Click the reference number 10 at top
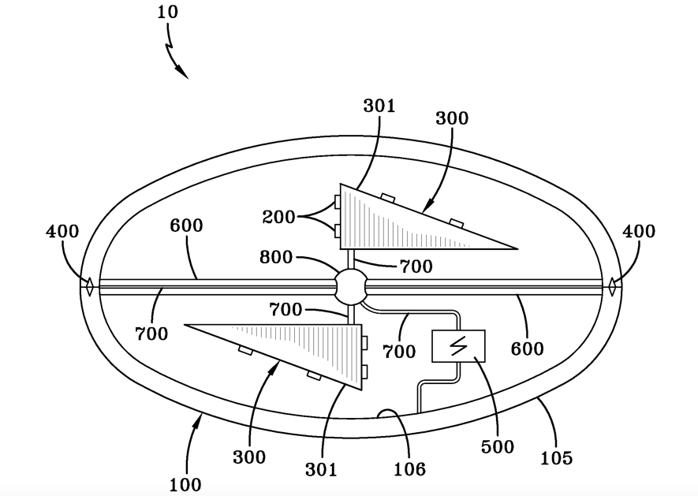click(x=167, y=12)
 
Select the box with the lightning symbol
click(x=458, y=346)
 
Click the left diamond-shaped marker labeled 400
click(x=89, y=286)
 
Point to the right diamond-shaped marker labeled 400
click(x=613, y=286)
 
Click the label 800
click(x=276, y=257)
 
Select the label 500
click(x=498, y=446)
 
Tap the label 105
click(x=557, y=457)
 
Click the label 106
click(x=410, y=469)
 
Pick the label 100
click(x=185, y=484)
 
